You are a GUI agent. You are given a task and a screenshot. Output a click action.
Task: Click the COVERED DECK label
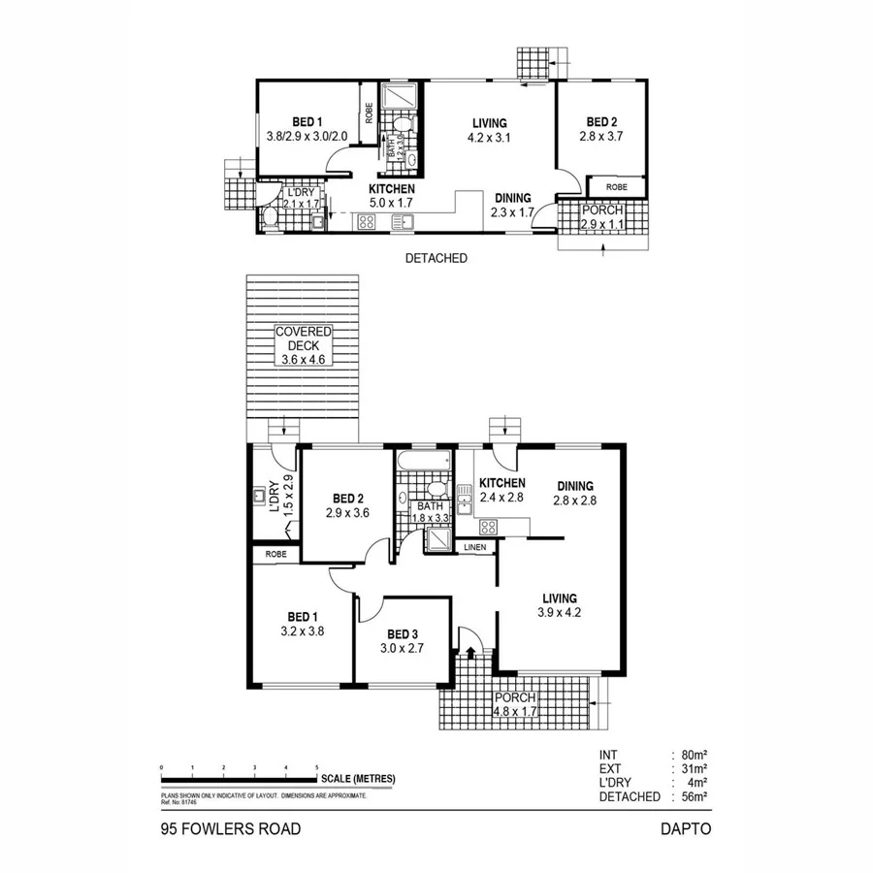coord(303,343)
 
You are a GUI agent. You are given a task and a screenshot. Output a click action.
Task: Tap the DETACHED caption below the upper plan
coord(436,259)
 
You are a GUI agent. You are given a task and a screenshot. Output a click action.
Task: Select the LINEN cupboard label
coord(474,548)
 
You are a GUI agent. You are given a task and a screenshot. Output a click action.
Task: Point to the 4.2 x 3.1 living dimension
coord(491,138)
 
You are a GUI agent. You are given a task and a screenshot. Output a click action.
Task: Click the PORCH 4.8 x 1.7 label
coord(514,704)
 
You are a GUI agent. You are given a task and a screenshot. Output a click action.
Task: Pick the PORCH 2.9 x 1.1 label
coord(602,217)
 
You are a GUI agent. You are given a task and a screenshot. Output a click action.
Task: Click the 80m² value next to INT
coord(692,754)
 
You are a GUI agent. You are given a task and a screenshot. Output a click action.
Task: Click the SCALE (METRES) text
coord(359,779)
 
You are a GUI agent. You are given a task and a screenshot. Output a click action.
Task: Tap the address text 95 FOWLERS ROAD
coord(231,829)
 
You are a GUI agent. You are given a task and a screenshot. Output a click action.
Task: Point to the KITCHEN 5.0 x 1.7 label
coord(392,195)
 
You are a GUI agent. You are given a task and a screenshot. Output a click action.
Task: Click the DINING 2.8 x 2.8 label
coord(572,493)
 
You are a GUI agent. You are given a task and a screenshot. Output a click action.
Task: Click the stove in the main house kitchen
coord(489,527)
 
